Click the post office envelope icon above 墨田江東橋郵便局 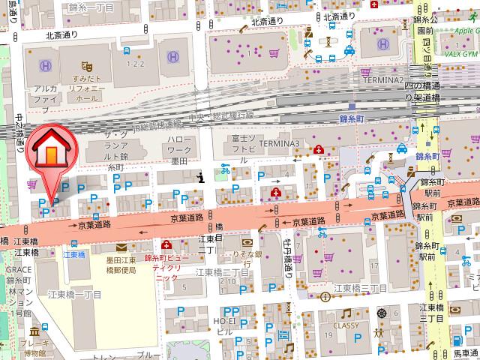121,247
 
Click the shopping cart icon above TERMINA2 273,53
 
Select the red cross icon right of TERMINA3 319,149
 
